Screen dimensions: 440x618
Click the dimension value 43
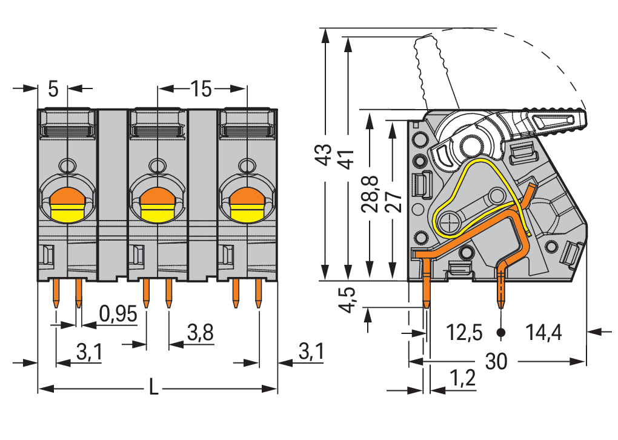(325, 154)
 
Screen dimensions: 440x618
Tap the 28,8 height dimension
(370, 193)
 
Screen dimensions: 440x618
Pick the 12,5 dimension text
(464, 332)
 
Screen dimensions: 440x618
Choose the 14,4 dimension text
(543, 332)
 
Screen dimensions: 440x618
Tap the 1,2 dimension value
(462, 379)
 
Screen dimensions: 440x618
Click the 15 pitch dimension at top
(201, 90)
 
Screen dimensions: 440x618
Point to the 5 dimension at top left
(53, 90)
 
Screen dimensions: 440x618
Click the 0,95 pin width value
(118, 314)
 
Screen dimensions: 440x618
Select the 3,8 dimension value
(200, 333)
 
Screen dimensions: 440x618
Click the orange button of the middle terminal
(156, 197)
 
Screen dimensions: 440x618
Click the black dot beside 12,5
(501, 332)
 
